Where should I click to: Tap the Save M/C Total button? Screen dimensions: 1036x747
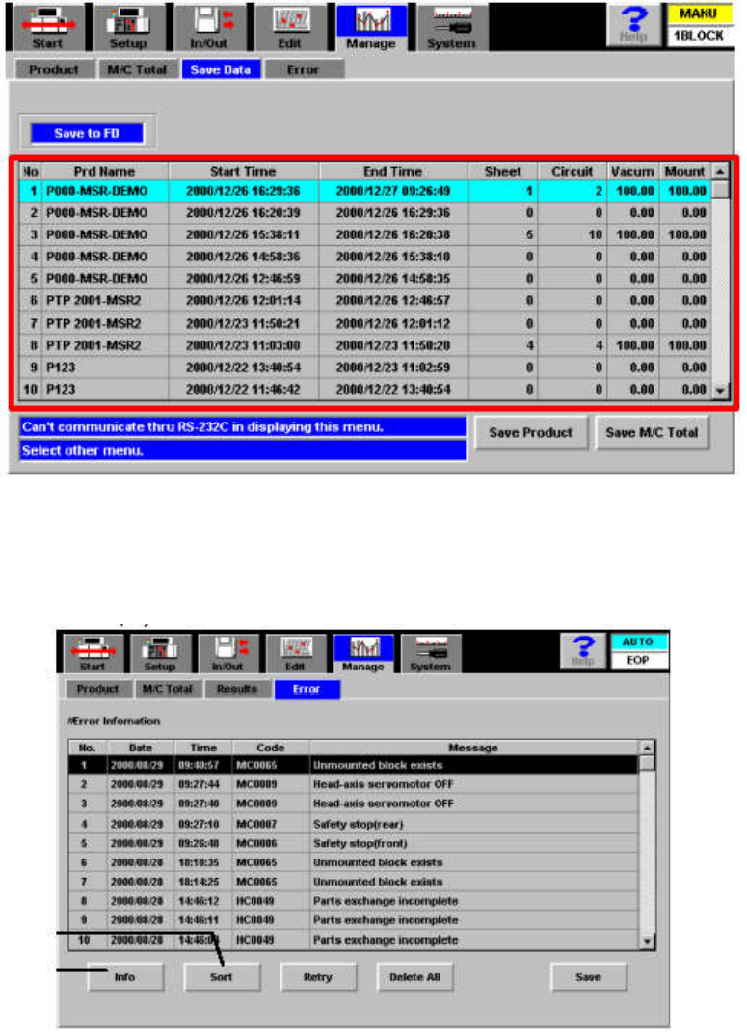click(x=652, y=433)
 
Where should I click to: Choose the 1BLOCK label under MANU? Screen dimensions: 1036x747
click(x=699, y=35)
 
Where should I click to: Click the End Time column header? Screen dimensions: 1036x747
click(x=392, y=171)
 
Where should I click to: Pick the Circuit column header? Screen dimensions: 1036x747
click(x=572, y=171)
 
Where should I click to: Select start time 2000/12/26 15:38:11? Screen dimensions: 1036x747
click(x=244, y=234)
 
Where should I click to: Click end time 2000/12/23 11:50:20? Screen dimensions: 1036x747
click(x=392, y=341)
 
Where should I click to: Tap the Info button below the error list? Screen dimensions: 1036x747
click(x=124, y=976)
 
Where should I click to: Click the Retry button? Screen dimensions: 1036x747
click(x=318, y=976)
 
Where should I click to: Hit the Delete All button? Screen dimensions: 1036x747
click(x=414, y=976)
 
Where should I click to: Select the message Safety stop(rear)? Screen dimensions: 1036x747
click(x=359, y=823)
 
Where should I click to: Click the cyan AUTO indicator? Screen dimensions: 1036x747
click(x=637, y=641)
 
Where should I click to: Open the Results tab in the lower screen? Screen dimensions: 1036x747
click(x=236, y=689)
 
